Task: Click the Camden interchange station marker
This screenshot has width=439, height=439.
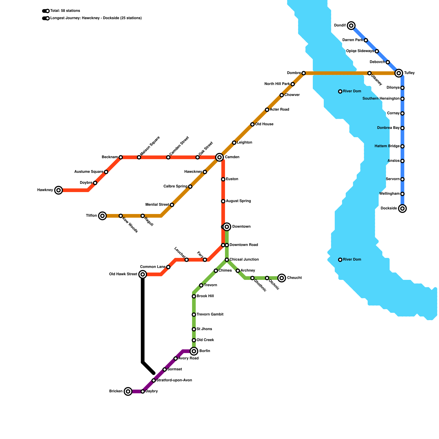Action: click(219, 157)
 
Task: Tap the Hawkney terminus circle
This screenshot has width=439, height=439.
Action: click(58, 190)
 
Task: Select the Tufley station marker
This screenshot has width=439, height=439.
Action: click(399, 73)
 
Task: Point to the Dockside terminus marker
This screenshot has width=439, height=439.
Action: click(402, 209)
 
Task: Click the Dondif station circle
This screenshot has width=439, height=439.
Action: click(351, 26)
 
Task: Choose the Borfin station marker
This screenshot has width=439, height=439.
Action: click(194, 351)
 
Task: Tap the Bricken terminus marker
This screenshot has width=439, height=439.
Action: click(128, 391)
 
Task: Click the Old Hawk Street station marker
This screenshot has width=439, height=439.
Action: click(143, 274)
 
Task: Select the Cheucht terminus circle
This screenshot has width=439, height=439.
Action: click(282, 278)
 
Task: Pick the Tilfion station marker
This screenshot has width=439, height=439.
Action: click(102, 216)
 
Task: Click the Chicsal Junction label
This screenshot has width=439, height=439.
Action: click(244, 260)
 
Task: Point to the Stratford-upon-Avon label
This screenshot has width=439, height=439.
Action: click(174, 380)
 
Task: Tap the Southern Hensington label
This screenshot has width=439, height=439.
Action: click(381, 99)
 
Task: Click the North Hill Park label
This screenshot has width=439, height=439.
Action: click(277, 84)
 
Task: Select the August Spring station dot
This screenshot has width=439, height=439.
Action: click(223, 201)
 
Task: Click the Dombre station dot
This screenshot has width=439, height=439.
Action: click(303, 73)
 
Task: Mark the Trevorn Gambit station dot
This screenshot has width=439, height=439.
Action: click(194, 314)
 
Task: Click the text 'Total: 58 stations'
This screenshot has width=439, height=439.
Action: click(65, 11)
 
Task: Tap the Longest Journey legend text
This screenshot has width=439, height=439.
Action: click(96, 18)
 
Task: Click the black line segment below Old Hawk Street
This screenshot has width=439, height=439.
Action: click(143, 318)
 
